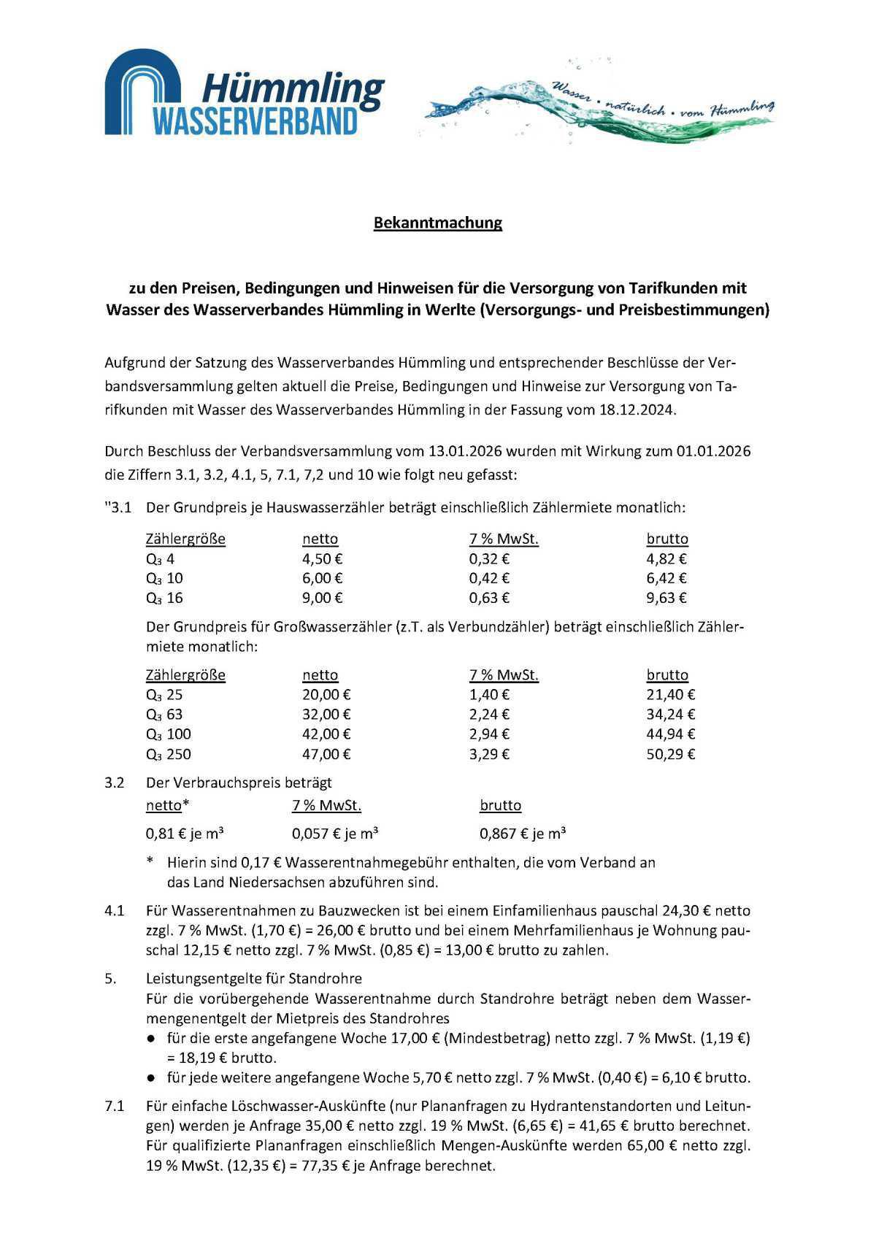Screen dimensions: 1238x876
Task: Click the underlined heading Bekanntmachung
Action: (437, 223)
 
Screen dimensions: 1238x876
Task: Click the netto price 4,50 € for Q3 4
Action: (323, 559)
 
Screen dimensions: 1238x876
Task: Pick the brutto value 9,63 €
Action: (666, 599)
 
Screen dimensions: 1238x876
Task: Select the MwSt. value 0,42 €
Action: (489, 579)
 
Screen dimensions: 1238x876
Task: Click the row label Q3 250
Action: (169, 755)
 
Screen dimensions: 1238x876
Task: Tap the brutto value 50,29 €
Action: (671, 755)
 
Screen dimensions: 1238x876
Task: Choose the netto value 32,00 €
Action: (326, 715)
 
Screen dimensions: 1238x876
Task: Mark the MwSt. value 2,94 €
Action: (489, 734)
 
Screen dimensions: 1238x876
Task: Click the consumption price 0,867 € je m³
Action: (523, 834)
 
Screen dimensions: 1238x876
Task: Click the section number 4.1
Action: (115, 911)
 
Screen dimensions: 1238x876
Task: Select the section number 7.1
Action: (115, 1107)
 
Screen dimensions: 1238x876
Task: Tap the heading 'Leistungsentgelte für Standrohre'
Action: (254, 978)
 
